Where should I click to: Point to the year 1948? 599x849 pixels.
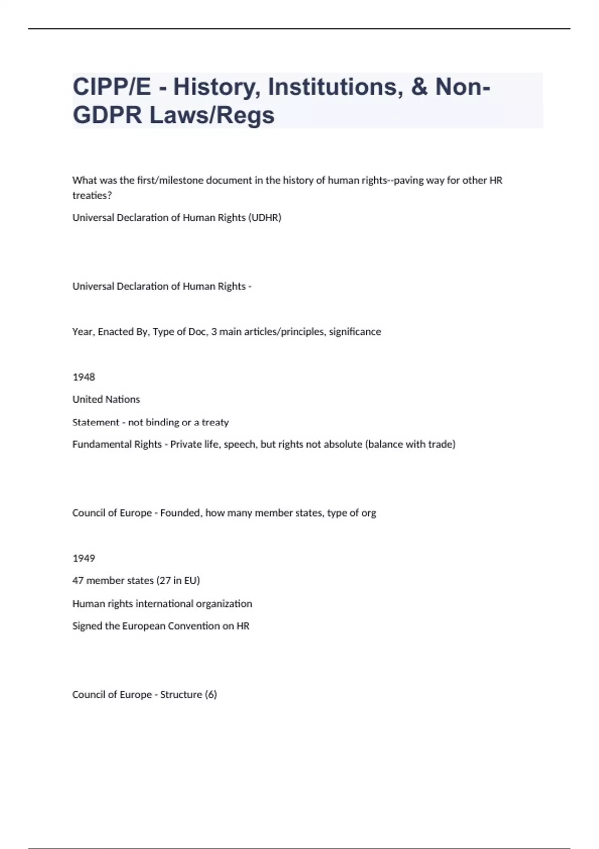(84, 377)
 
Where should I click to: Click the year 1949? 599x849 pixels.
(84, 558)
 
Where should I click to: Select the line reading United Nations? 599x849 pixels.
(106, 399)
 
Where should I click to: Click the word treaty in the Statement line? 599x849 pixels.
(215, 423)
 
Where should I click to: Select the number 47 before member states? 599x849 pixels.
(78, 581)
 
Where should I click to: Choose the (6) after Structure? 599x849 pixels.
(211, 695)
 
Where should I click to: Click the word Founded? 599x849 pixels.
(181, 513)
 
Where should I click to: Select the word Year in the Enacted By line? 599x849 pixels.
(82, 332)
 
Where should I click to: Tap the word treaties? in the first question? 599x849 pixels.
(92, 196)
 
